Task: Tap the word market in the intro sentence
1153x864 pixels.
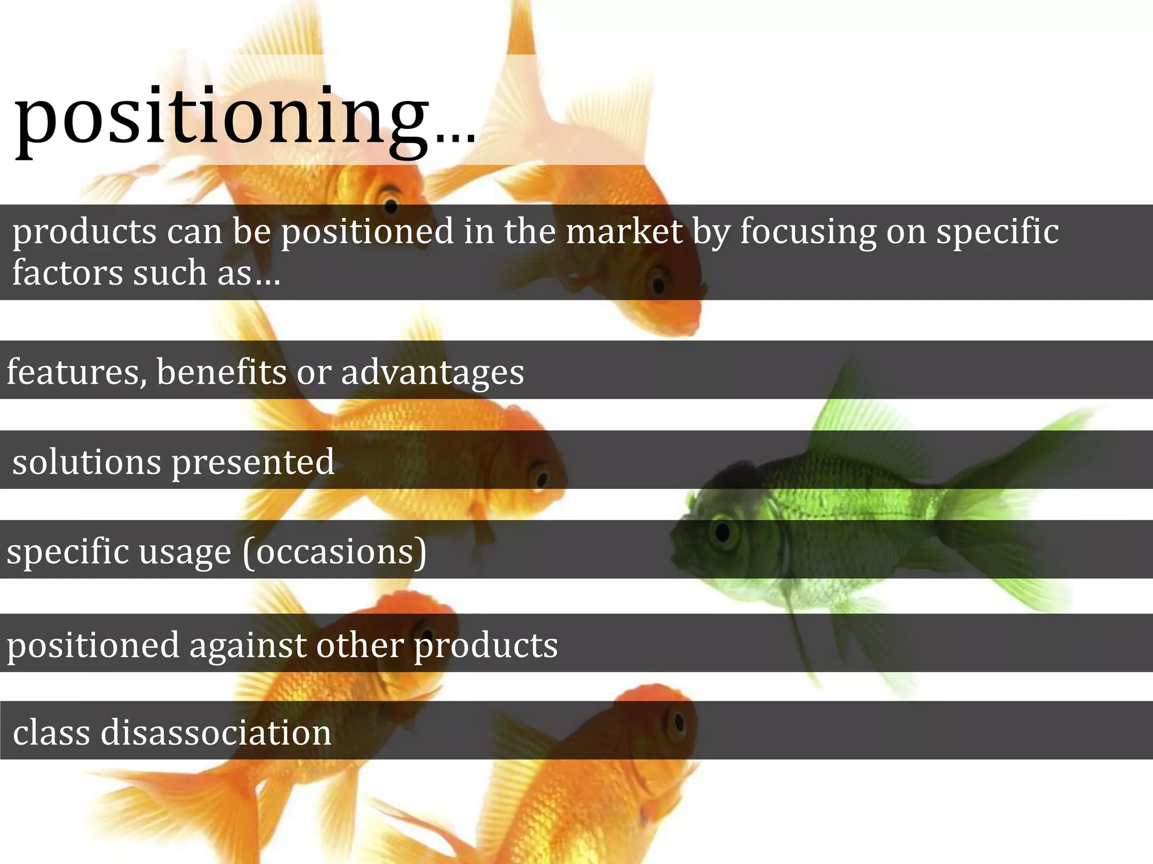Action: (x=624, y=231)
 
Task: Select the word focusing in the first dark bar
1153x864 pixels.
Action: (x=808, y=232)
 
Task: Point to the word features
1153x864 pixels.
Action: (x=76, y=372)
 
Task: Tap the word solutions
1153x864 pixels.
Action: (x=87, y=462)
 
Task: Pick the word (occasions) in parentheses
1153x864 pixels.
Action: (x=334, y=552)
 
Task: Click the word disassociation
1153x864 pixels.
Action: (x=216, y=733)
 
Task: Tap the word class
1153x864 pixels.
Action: (x=51, y=733)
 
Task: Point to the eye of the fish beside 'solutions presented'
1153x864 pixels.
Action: (x=542, y=479)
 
